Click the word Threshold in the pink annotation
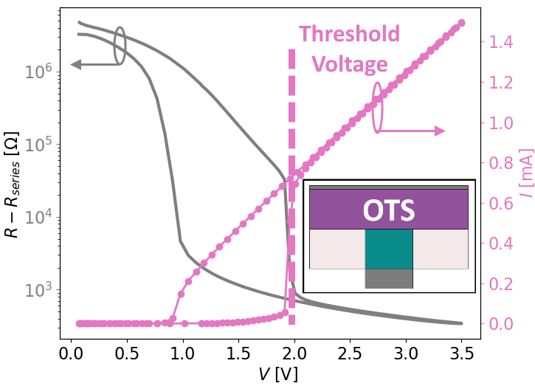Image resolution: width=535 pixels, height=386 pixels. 349,35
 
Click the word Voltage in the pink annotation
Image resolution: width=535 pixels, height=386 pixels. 350,64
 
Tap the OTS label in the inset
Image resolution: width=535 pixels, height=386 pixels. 389,211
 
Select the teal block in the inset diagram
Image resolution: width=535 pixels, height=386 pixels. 389,249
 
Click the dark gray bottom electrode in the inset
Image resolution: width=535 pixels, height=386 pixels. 389,278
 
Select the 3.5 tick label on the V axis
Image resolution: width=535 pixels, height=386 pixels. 461,354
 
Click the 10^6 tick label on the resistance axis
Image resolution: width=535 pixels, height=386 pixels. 38,72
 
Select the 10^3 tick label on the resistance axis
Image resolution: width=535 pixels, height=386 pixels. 38,289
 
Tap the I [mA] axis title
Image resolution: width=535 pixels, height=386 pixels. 525,182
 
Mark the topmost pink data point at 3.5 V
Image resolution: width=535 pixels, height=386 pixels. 462,23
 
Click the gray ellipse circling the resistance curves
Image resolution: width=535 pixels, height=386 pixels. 120,44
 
